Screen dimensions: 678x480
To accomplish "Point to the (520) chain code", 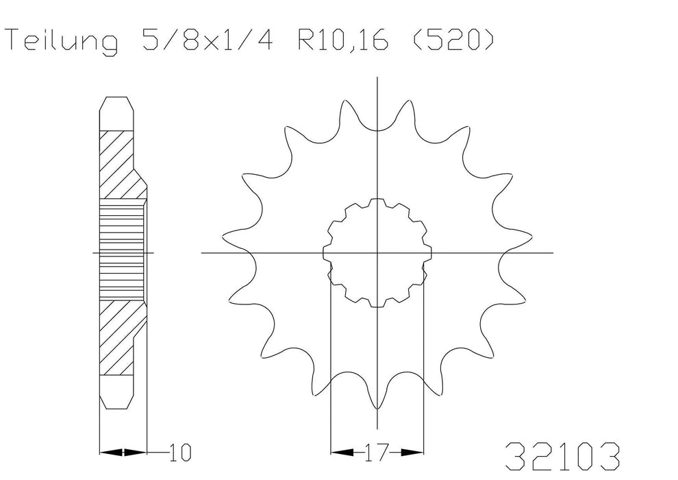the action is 453,40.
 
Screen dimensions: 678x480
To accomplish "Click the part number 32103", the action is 562,457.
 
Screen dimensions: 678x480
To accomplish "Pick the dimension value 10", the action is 180,453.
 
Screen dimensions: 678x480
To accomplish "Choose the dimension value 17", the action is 377,453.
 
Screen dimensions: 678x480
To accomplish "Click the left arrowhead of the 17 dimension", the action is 342,453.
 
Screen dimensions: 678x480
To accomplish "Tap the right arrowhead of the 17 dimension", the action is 412,453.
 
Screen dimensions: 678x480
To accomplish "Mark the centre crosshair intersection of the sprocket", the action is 377,253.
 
